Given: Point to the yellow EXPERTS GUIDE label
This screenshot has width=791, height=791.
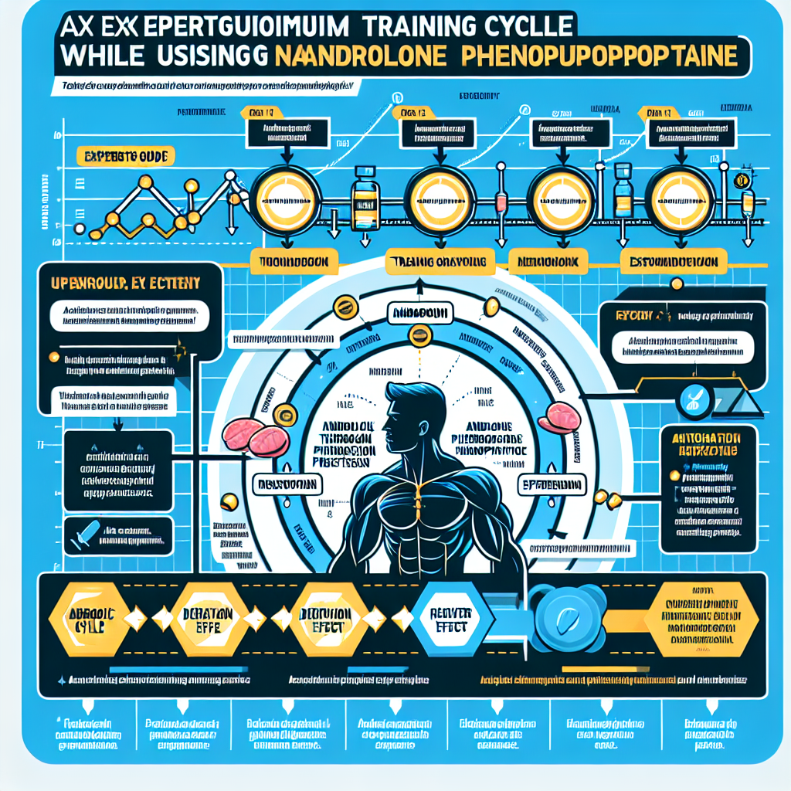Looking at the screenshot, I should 126,157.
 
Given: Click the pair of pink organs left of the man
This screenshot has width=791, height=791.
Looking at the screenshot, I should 253,436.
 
